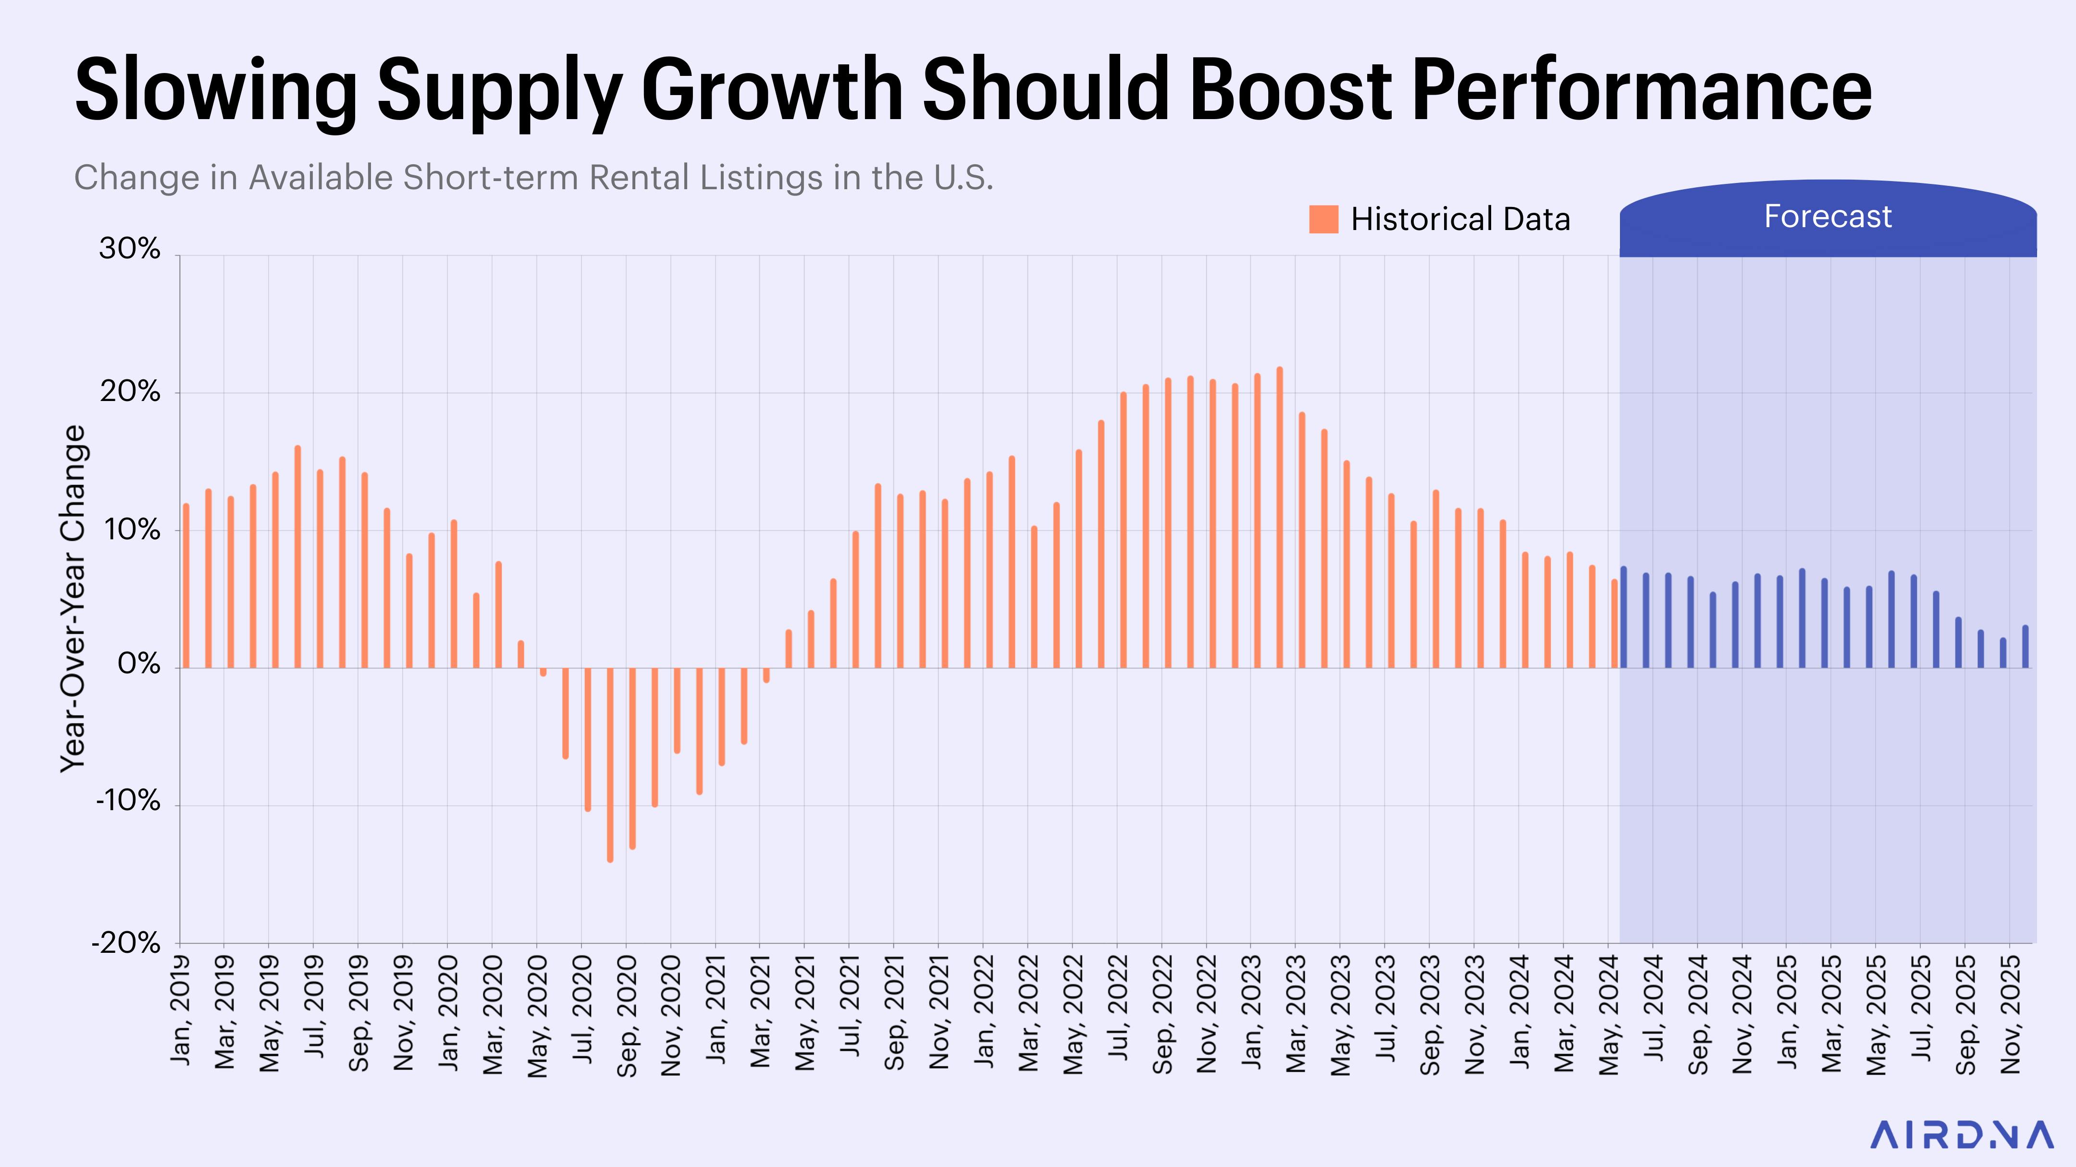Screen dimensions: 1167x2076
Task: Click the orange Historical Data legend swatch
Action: click(x=1323, y=219)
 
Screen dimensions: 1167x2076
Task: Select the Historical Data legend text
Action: click(x=1460, y=219)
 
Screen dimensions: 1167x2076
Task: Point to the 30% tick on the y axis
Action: click(x=129, y=249)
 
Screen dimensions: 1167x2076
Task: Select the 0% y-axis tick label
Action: click(x=138, y=665)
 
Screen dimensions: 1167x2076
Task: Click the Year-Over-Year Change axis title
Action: click(x=73, y=598)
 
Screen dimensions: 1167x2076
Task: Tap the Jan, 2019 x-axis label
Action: click(x=181, y=1011)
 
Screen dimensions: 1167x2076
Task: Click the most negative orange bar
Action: click(x=610, y=765)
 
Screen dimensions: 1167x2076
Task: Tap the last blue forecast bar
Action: click(x=2025, y=647)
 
